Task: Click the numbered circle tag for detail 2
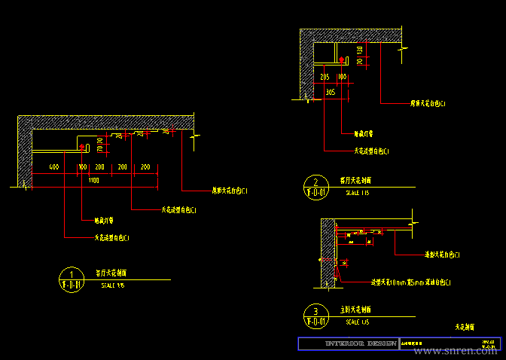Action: click(315, 186)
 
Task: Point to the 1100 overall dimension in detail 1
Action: click(93, 181)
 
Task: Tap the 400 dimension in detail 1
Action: click(53, 166)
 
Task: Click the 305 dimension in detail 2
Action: click(330, 92)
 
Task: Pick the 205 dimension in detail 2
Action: click(325, 77)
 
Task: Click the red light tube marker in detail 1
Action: click(99, 138)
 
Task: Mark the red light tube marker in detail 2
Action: click(342, 59)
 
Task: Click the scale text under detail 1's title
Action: click(112, 285)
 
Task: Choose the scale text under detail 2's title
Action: click(357, 194)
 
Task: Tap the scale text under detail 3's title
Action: click(357, 322)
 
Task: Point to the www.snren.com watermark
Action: click(462, 351)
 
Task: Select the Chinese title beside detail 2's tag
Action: click(361, 182)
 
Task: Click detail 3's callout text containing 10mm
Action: click(411, 282)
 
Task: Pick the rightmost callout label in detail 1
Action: click(229, 191)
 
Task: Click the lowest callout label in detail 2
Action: click(371, 151)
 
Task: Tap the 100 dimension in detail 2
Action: click(342, 77)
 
